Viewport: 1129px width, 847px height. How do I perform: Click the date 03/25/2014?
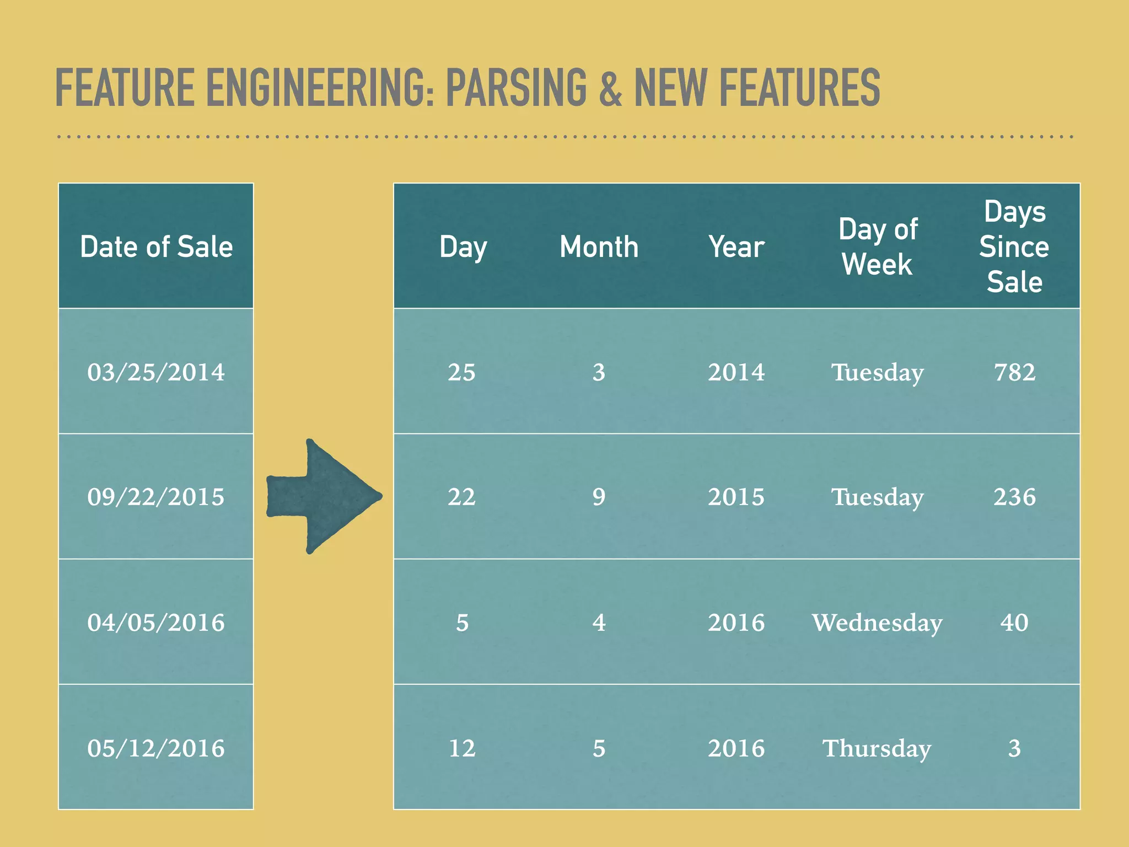point(156,372)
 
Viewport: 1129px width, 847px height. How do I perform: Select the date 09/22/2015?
point(156,497)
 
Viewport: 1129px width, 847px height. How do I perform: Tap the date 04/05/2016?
point(156,623)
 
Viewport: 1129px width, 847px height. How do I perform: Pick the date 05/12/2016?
point(156,748)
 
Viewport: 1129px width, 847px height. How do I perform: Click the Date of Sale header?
point(156,246)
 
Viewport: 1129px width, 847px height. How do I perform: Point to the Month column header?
point(599,246)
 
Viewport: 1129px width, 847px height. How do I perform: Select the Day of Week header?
point(878,246)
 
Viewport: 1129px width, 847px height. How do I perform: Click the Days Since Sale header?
point(1014,246)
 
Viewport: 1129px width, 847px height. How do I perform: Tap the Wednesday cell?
point(877,623)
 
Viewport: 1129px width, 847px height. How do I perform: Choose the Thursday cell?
point(877,748)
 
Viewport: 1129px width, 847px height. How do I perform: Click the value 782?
point(1014,372)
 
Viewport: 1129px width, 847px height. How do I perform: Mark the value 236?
point(1014,497)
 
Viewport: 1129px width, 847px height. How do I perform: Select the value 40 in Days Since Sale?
point(1014,623)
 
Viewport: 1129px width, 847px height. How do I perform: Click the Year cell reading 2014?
point(736,372)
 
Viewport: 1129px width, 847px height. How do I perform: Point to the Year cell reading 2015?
point(736,497)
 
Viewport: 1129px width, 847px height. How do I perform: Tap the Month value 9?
point(599,497)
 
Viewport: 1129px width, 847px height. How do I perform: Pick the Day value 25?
point(462,372)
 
